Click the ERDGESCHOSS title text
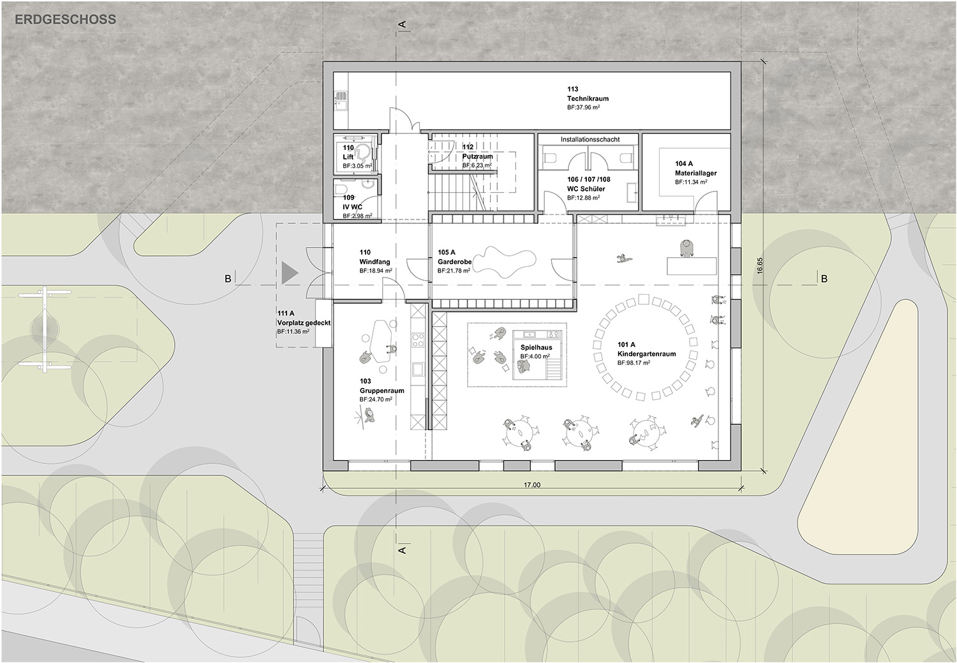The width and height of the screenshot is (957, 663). [x=65, y=19]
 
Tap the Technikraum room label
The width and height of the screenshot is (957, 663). [x=588, y=99]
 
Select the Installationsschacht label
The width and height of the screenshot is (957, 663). [x=590, y=139]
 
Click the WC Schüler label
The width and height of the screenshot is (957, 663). [x=586, y=189]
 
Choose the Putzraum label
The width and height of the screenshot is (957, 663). [x=477, y=156]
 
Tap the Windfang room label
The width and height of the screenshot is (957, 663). [x=375, y=262]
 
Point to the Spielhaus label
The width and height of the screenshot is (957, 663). [x=536, y=348]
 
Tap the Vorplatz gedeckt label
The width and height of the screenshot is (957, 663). [x=304, y=323]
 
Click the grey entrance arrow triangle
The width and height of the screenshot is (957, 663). [x=289, y=273]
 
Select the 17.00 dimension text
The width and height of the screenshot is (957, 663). [x=532, y=485]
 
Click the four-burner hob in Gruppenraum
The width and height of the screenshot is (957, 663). [x=417, y=341]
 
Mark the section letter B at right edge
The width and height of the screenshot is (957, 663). [x=824, y=279]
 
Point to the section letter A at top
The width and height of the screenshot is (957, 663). [x=401, y=24]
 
